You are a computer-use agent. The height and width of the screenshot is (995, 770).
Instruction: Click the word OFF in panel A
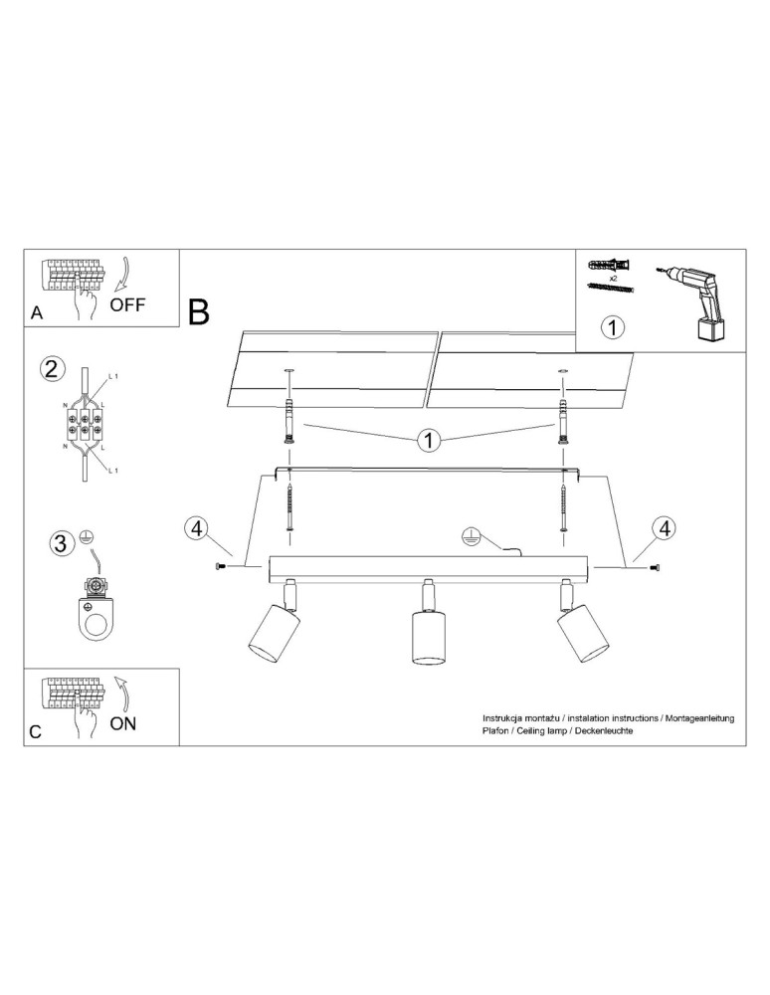127,304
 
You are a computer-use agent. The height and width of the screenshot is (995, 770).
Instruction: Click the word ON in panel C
122,723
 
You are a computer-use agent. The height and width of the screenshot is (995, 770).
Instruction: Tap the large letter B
199,311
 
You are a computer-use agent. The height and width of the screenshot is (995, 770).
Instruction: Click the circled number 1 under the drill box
613,326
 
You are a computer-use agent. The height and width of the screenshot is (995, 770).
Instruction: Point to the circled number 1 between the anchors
429,441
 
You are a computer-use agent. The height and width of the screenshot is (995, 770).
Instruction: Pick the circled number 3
63,543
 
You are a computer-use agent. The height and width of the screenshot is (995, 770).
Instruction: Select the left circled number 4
196,527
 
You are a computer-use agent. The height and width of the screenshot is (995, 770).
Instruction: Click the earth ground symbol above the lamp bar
469,537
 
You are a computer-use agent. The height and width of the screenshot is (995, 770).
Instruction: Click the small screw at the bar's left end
220,566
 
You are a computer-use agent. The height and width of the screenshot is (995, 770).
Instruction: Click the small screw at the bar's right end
654,566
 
